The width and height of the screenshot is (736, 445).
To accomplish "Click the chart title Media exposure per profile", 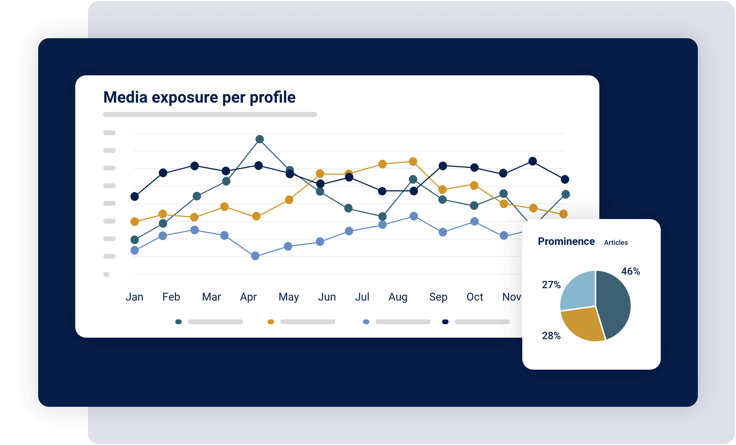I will pyautogui.click(x=199, y=98).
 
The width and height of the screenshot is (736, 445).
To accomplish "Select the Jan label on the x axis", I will pyautogui.click(x=134, y=297).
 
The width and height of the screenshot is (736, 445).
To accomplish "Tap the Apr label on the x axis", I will pyautogui.click(x=248, y=297).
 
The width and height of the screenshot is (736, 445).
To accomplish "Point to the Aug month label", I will pyautogui.click(x=398, y=297).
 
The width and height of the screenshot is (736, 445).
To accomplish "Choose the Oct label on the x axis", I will pyautogui.click(x=474, y=297).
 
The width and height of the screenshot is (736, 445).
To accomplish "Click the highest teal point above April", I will pyautogui.click(x=260, y=139).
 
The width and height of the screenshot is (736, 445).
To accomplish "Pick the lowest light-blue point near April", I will pyautogui.click(x=255, y=256).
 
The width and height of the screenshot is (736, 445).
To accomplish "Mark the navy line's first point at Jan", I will pyautogui.click(x=134, y=196).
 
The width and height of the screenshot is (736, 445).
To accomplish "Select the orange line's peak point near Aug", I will pyautogui.click(x=413, y=162).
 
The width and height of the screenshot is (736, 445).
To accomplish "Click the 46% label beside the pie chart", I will pyautogui.click(x=630, y=271).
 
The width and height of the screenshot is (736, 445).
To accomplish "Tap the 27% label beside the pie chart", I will pyautogui.click(x=551, y=285).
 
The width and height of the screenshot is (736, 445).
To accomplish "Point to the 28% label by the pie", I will pyautogui.click(x=551, y=336).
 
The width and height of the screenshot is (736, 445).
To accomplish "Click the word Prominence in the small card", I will pyautogui.click(x=566, y=242).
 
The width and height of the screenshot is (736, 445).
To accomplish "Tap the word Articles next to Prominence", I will pyautogui.click(x=616, y=243).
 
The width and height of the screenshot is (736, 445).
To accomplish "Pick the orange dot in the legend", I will pyautogui.click(x=271, y=322).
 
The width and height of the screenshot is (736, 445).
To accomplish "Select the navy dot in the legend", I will pyautogui.click(x=445, y=322).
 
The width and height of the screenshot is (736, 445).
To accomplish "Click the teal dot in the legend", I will pyautogui.click(x=178, y=322).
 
